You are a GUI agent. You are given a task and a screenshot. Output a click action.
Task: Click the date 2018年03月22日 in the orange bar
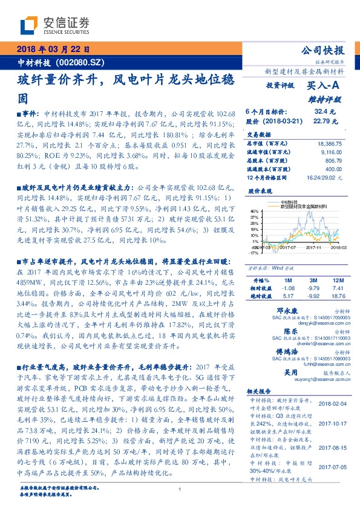point(54,49)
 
